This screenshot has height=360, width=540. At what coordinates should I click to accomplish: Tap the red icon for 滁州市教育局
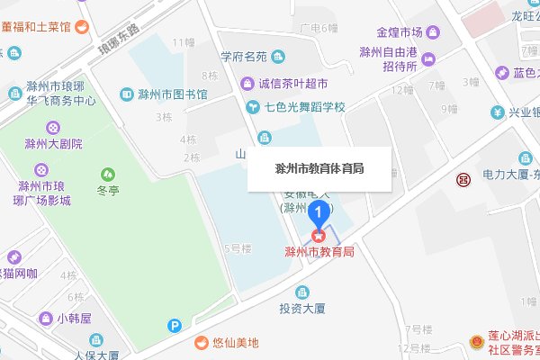coord(318,236)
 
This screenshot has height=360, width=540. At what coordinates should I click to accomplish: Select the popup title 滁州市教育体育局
coord(319,168)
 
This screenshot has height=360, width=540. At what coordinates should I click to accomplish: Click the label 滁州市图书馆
coord(174,94)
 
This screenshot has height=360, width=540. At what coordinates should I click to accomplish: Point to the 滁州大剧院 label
coord(53,143)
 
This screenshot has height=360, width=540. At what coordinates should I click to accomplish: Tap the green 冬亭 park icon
coord(108,173)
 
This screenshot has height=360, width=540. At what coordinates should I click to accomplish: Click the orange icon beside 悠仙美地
coord(202,342)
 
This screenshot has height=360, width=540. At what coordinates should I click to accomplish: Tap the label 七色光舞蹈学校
coord(305,107)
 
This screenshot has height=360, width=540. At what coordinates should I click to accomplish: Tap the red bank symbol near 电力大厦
coord(463,179)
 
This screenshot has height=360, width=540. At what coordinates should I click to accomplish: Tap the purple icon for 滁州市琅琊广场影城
coord(40,169)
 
